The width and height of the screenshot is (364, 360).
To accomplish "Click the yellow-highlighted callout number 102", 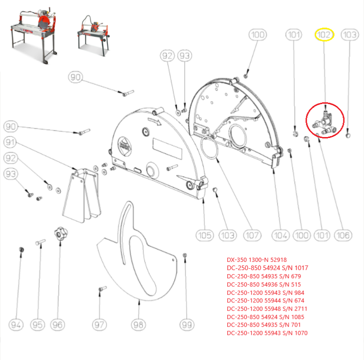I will pyautogui.click(x=325, y=34).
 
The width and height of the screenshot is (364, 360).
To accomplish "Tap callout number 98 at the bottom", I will pyautogui.click(x=139, y=325).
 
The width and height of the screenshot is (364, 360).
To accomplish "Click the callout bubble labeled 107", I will pyautogui.click(x=252, y=235).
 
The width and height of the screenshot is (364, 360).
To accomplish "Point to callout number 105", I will pyautogui.click(x=204, y=235).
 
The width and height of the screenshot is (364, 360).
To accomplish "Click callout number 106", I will pyautogui.click(x=343, y=235).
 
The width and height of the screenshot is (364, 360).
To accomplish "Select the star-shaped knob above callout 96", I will pyautogui.click(x=59, y=234).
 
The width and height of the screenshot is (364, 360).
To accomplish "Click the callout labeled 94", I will pyautogui.click(x=16, y=325).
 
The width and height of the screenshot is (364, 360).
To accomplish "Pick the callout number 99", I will pyautogui.click(x=186, y=325).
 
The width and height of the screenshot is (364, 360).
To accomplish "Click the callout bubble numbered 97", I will pyautogui.click(x=100, y=325).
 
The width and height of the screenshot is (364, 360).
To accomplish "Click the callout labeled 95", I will pyautogui.click(x=37, y=325).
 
